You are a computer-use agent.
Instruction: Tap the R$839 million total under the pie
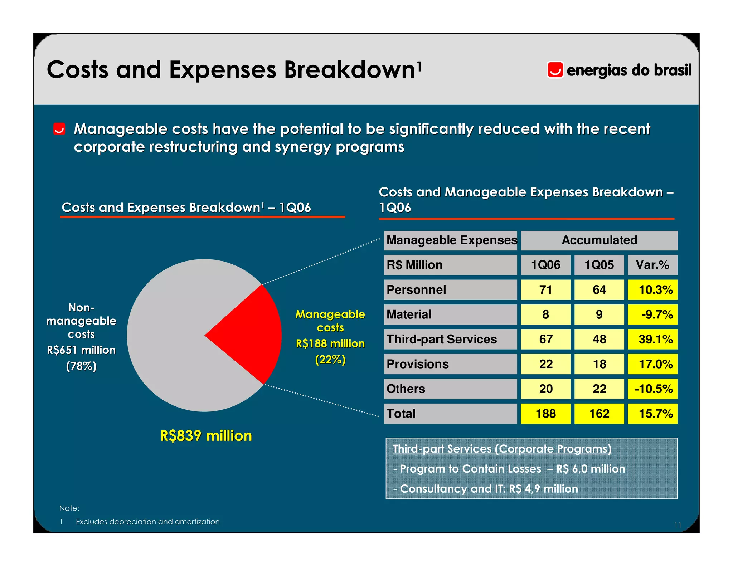point(206,436)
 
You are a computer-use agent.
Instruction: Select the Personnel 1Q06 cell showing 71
point(545,290)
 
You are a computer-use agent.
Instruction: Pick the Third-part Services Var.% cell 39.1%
point(652,339)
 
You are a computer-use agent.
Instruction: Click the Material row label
point(409,314)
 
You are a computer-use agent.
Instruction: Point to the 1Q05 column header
point(599,265)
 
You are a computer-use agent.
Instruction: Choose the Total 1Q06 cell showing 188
point(545,414)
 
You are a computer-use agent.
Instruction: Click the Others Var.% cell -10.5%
point(652,389)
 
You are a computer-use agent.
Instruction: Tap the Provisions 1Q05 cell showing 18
point(599,364)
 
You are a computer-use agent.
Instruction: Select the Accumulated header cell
point(599,240)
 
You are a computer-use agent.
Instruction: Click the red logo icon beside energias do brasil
point(555,70)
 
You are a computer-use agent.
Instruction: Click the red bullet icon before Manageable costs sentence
point(59,129)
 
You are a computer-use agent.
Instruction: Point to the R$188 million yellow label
point(330,343)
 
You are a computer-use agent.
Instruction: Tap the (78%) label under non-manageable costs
point(81,366)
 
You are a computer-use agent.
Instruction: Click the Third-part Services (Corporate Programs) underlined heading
point(502,449)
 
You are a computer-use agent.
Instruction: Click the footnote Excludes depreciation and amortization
point(147,522)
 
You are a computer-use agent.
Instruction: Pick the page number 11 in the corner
point(677,525)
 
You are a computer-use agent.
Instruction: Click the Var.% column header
point(652,265)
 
